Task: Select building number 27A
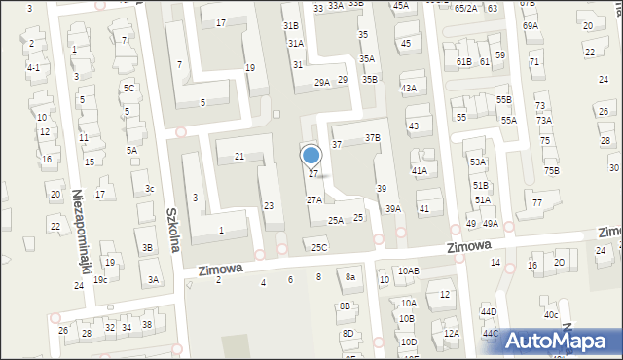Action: (314, 199)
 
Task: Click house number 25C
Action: (319, 247)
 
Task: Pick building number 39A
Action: (392, 208)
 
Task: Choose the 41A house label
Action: (420, 171)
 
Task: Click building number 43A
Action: (409, 89)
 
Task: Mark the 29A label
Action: (321, 84)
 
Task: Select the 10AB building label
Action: (408, 270)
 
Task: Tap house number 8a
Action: (350, 277)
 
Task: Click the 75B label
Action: (552, 171)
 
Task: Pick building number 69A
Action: (530, 26)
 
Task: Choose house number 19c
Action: (100, 279)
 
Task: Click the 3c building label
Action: (150, 188)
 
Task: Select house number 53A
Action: (477, 162)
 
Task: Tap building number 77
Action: (537, 202)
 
